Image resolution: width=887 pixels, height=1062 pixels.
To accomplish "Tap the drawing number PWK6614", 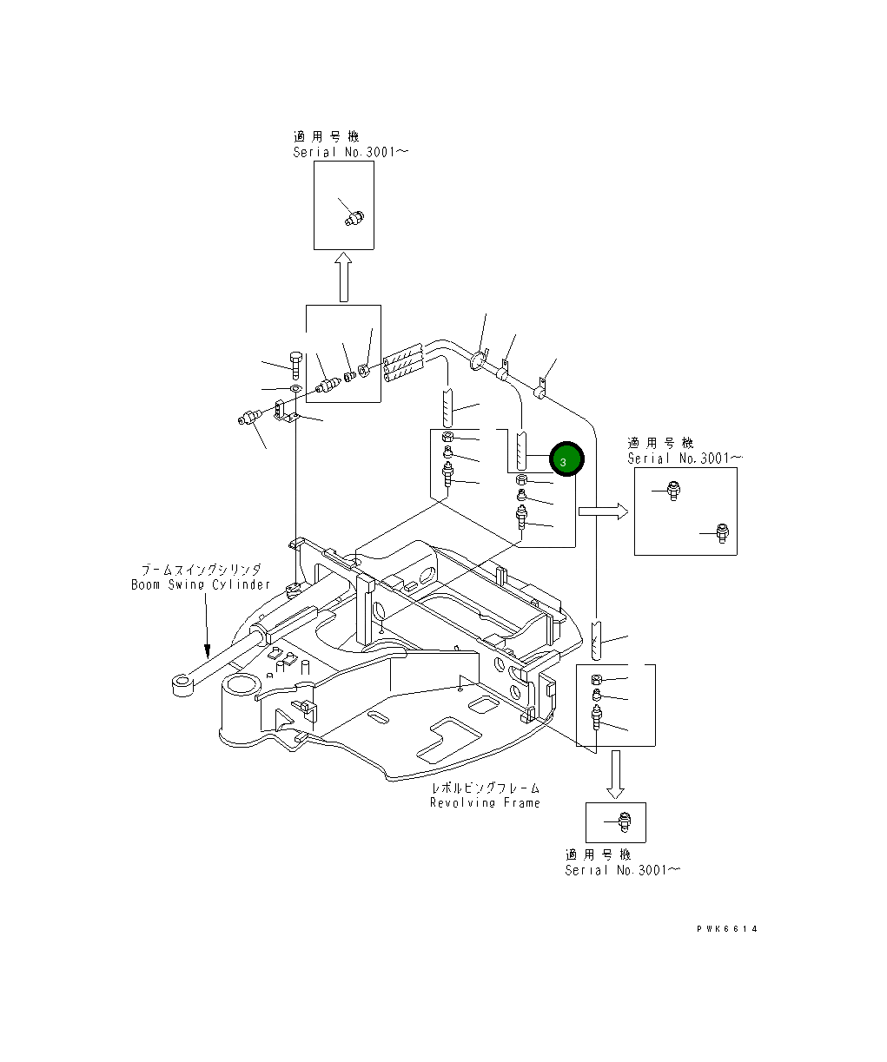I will point(726,929).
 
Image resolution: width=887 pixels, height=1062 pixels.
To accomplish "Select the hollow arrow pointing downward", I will point(615,774).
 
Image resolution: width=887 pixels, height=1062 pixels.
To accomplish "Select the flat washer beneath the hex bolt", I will point(295,387).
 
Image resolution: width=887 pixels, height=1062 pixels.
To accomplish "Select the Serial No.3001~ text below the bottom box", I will point(622,870).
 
